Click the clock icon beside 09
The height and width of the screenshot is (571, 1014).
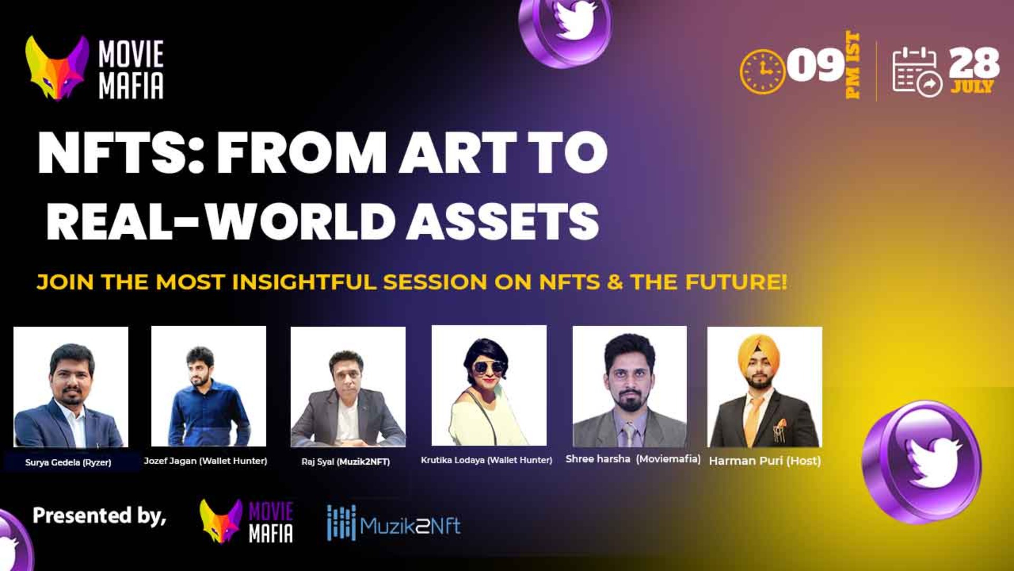(762, 71)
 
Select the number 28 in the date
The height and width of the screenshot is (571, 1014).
(973, 63)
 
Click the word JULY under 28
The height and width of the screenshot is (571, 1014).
(972, 86)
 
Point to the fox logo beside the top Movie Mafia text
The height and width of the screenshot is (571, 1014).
(56, 68)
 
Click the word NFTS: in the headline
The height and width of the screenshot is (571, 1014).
(120, 153)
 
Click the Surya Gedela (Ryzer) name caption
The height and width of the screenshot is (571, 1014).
(68, 463)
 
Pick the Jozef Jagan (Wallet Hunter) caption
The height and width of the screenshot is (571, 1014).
(205, 461)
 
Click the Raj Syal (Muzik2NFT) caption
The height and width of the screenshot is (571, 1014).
(345, 462)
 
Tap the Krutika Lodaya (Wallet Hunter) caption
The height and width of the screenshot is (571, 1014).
(486, 460)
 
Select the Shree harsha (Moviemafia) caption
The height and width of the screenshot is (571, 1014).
(633, 459)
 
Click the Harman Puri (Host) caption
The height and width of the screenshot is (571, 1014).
(765, 461)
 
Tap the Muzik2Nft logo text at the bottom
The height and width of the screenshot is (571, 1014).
(410, 526)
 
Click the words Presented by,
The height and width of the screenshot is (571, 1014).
(99, 515)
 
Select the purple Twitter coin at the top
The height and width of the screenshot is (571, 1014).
(566, 29)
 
